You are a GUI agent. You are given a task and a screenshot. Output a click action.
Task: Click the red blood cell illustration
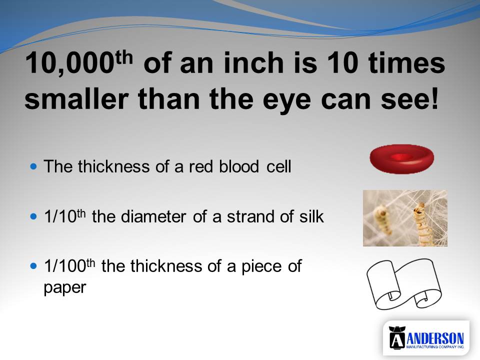pos(401,159)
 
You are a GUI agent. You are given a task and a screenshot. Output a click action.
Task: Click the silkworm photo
pos(405,218)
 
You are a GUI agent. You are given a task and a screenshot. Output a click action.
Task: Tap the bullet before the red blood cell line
pos(33,166)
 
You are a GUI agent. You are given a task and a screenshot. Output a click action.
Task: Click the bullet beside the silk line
pos(33,216)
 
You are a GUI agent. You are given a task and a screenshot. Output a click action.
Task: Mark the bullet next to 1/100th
pos(33,265)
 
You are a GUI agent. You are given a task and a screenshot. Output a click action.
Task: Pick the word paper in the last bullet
pos(65,288)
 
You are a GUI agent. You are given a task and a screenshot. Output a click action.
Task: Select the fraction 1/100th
pos(69,265)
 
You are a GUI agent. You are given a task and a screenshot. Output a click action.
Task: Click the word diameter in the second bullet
pos(153,216)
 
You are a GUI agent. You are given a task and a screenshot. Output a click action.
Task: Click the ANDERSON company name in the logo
pos(435,338)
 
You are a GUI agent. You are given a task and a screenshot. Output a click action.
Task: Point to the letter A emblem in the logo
pos(397,337)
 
